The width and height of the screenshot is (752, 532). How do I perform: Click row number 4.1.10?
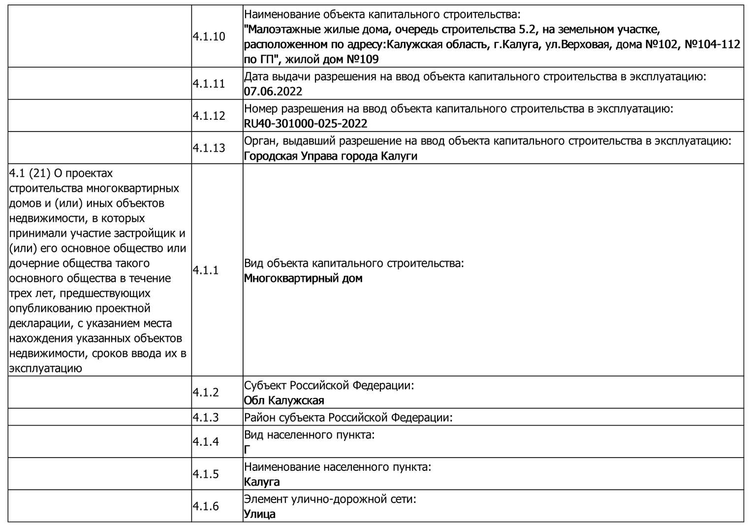209,37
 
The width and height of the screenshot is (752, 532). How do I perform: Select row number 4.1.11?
209,84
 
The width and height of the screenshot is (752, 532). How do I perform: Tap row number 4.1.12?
209,116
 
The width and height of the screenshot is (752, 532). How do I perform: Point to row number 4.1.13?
209,148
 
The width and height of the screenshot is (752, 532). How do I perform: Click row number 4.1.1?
206,270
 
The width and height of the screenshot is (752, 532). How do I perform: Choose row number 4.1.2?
206,392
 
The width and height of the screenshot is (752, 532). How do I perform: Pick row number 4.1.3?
206,417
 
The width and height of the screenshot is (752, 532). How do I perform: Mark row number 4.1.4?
206,441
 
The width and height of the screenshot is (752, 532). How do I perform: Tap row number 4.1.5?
206,474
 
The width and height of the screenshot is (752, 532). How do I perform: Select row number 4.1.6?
206,506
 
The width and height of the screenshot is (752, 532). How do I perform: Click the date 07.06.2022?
273,92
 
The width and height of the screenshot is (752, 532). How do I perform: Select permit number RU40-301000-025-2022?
306,124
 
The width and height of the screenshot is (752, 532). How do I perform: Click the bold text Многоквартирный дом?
303,278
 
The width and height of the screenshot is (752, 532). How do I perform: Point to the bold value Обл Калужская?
284,400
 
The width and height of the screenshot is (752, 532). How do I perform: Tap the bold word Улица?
260,514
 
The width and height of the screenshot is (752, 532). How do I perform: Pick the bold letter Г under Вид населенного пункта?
247,450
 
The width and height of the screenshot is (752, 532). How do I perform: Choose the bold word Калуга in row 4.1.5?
262,482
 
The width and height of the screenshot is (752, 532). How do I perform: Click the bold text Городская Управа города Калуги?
331,156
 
